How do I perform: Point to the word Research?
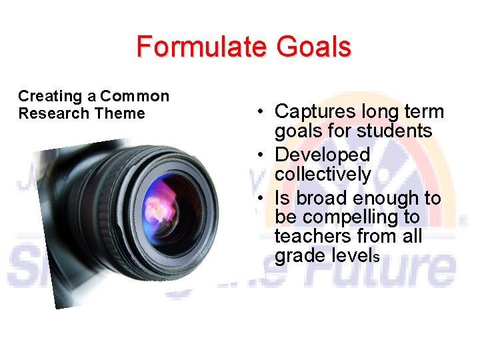pos(54,113)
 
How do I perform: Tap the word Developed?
pos(322,155)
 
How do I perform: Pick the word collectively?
pos(323,175)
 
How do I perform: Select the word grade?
pos(299,256)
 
